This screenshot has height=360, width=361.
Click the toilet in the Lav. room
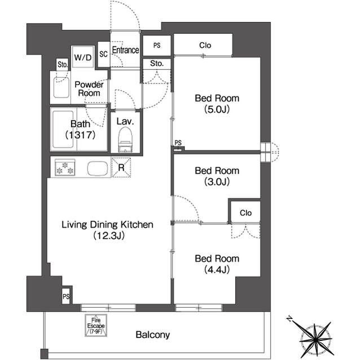pos(125,140)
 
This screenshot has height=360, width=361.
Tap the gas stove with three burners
pos(65,167)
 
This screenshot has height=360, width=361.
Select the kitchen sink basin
pos(98,168)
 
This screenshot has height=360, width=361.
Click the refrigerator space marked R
pos(121,167)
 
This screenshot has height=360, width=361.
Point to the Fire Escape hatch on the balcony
pos(96,325)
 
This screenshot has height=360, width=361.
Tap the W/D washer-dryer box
pos(83,57)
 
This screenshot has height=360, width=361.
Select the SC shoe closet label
pos(104,54)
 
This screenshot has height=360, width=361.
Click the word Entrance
pos(125,50)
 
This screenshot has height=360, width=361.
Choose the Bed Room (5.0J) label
pos(217,104)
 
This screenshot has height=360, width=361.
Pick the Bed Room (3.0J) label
pos(217,176)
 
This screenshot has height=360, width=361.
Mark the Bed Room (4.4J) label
pos(217,264)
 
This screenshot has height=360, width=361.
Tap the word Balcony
pos(153,335)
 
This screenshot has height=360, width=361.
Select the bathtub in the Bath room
pos(63,130)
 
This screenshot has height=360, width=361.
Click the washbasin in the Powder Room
pos(61,87)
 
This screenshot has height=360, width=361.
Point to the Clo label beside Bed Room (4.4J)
pos(246,213)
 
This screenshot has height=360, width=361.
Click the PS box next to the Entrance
pos(157,46)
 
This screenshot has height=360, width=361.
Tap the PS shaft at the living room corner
pos(66,296)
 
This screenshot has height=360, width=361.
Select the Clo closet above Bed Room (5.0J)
pos(203,45)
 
